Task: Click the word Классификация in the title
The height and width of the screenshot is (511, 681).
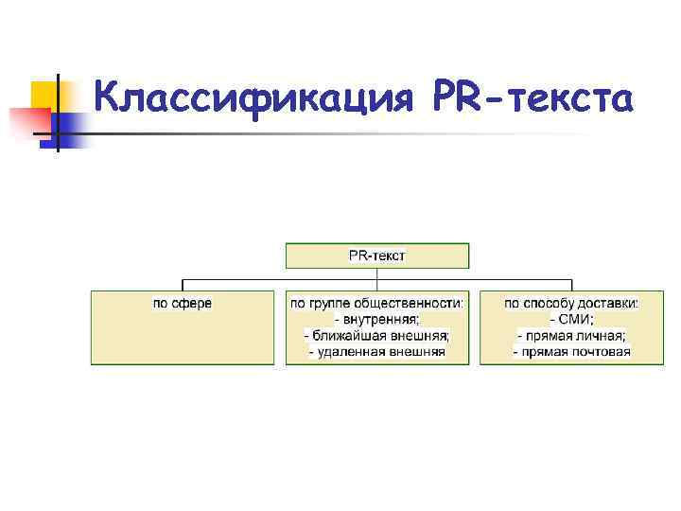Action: pyautogui.click(x=256, y=97)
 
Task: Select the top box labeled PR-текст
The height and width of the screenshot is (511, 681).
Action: pyautogui.click(x=377, y=255)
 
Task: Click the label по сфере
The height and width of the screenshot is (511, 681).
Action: pyautogui.click(x=183, y=303)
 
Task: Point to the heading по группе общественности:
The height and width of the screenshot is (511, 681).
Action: pyautogui.click(x=377, y=303)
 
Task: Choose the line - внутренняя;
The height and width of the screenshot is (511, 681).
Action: pyautogui.click(x=377, y=319)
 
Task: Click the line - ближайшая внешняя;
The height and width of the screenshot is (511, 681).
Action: pyautogui.click(x=377, y=335)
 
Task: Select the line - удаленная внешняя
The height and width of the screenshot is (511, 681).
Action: pyautogui.click(x=377, y=352)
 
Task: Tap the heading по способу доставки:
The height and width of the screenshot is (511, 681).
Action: pyautogui.click(x=571, y=303)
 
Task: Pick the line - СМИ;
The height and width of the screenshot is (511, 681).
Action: pyautogui.click(x=571, y=319)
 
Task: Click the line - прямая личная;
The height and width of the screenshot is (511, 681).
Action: pyautogui.click(x=571, y=335)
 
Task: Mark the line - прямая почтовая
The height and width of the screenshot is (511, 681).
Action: pyautogui.click(x=571, y=352)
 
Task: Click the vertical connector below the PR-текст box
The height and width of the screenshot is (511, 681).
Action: pyautogui.click(x=377, y=274)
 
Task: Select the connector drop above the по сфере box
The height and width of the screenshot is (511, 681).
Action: pyautogui.click(x=183, y=285)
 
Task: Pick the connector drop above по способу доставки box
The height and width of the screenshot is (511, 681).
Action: pyautogui.click(x=572, y=285)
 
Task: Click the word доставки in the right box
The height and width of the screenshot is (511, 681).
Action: pyautogui.click(x=612, y=303)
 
